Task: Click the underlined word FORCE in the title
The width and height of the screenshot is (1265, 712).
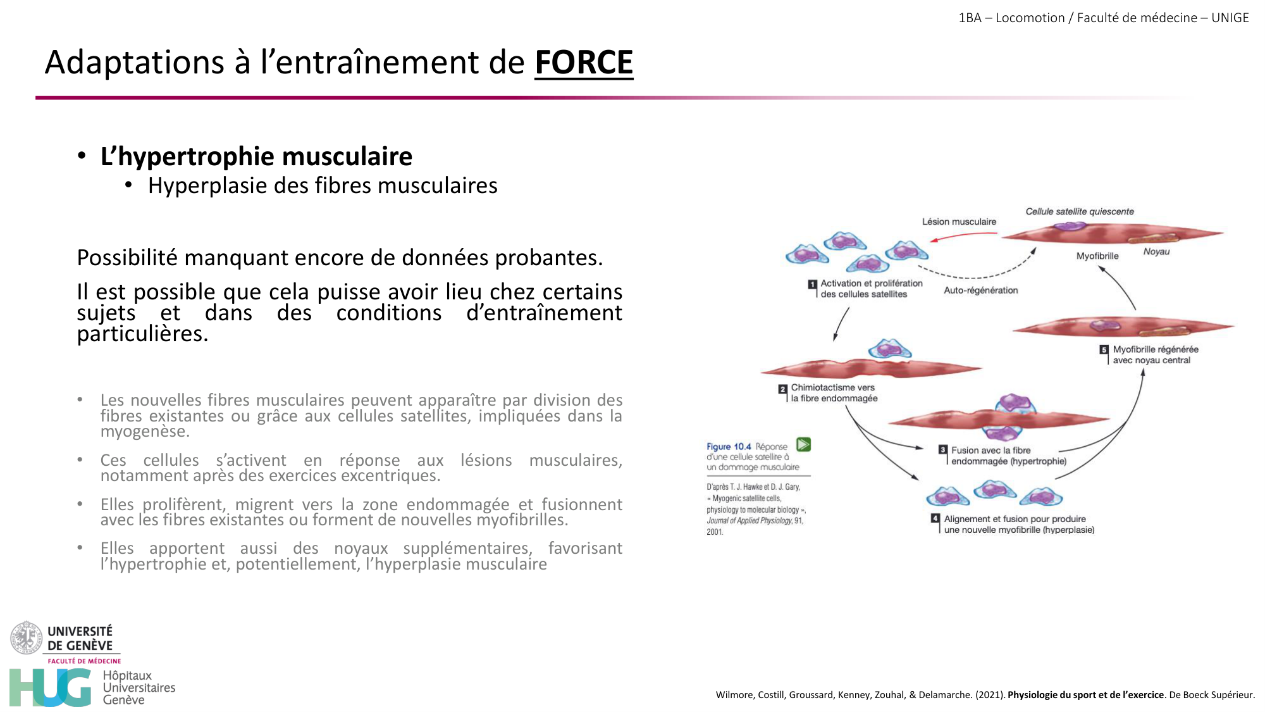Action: click(583, 63)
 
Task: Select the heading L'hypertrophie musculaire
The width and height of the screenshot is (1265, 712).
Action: click(256, 156)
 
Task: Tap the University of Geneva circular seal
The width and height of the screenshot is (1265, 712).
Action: click(26, 637)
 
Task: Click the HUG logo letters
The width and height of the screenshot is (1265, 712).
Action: click(51, 687)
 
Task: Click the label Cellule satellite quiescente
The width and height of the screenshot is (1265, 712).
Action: click(1079, 211)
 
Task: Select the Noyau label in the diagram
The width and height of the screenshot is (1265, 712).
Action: click(1156, 252)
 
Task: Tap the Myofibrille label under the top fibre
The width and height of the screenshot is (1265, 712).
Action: click(1097, 256)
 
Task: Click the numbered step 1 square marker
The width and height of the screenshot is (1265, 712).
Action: click(812, 285)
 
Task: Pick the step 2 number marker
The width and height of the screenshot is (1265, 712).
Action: click(782, 389)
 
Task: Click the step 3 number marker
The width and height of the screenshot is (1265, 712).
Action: click(942, 450)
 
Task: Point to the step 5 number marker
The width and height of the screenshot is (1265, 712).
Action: click(1104, 350)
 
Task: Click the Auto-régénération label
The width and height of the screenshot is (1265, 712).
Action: click(981, 290)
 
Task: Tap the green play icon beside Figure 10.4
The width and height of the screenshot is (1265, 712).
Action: click(803, 445)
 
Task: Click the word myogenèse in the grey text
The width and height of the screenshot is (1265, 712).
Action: click(145, 432)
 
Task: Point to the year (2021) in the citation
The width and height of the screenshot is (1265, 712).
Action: click(990, 695)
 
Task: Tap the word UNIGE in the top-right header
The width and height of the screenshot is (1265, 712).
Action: click(1230, 18)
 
